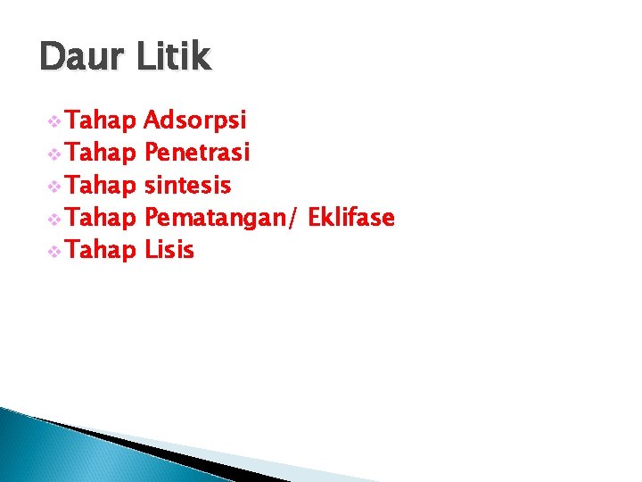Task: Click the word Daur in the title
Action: tap(81, 57)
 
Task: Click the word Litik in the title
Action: tap(174, 57)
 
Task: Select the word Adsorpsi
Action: tap(195, 121)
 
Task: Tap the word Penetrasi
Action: tap(197, 154)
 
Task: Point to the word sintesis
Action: tap(187, 186)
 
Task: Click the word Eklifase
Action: tap(350, 217)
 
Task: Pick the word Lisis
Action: tap(169, 250)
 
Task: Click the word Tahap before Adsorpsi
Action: tap(101, 121)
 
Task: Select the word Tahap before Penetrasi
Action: tap(101, 154)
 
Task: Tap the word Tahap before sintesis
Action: tap(101, 186)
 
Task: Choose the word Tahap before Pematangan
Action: tap(101, 218)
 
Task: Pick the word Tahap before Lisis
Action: tap(101, 250)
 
